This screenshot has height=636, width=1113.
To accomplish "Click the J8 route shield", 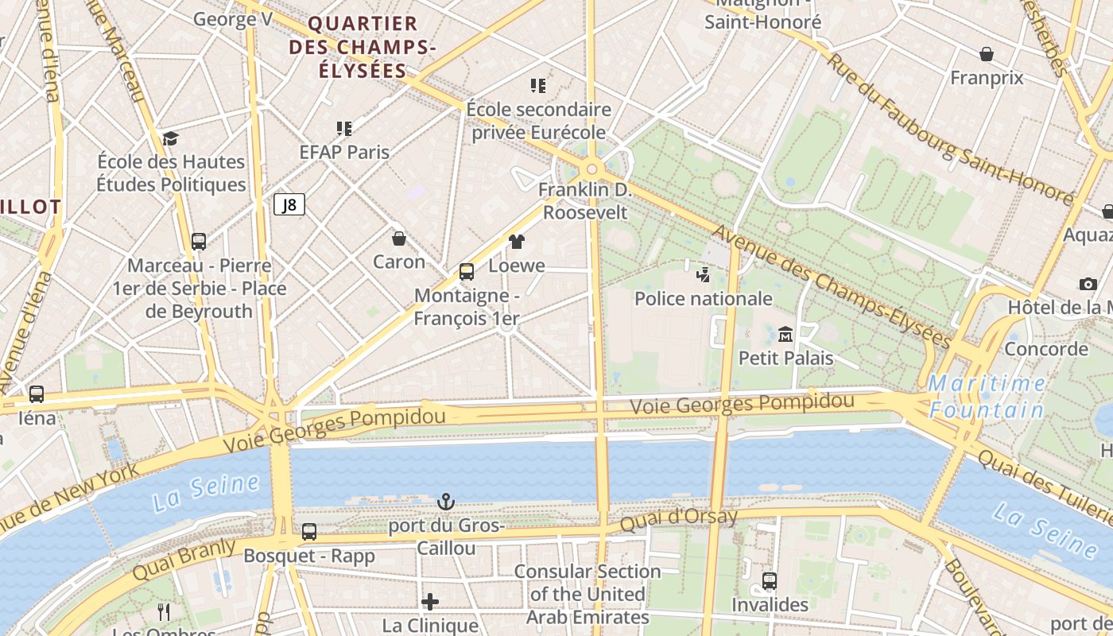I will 289,205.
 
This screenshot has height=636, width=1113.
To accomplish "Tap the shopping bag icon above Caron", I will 399,238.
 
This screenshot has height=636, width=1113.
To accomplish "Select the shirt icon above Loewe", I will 517,242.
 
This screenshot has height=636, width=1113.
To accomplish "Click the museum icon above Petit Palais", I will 785,334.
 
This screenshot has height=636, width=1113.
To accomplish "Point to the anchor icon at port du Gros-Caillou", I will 446,502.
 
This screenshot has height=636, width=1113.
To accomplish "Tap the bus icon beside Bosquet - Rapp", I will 309,531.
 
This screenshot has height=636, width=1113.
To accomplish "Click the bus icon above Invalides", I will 770,580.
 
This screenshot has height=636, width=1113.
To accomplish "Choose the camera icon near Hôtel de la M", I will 1088,284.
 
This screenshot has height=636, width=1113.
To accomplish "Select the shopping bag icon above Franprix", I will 987,54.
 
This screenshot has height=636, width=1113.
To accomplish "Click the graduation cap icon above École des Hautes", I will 170,139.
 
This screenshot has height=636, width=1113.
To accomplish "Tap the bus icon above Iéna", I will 37,394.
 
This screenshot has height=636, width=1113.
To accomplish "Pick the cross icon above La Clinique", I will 430,602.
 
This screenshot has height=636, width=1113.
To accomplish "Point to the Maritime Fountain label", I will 987,397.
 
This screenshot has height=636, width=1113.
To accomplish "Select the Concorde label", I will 1046,348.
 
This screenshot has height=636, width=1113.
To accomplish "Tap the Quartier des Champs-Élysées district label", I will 363,47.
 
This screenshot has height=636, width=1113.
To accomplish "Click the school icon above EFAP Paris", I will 344,128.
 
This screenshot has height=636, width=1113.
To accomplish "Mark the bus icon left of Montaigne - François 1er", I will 467,272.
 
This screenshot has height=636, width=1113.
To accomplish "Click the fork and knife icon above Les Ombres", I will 164,611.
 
